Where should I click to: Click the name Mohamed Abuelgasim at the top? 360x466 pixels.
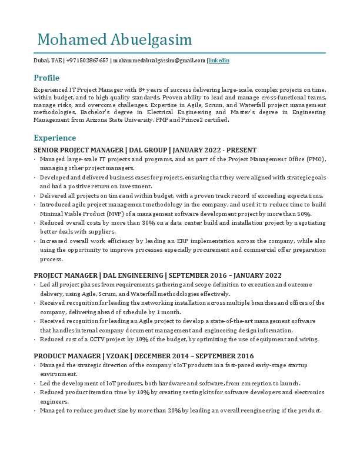point(114,40)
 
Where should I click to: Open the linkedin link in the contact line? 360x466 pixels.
point(219,61)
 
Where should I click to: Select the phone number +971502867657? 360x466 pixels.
point(88,61)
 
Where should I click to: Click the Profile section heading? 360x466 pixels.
point(46,78)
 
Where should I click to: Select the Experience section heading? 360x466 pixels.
point(55,138)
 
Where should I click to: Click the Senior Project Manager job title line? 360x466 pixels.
point(145,151)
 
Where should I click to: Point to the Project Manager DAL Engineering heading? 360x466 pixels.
point(157,275)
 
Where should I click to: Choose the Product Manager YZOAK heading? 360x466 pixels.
point(144,356)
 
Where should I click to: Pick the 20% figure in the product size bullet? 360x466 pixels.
point(174,411)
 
